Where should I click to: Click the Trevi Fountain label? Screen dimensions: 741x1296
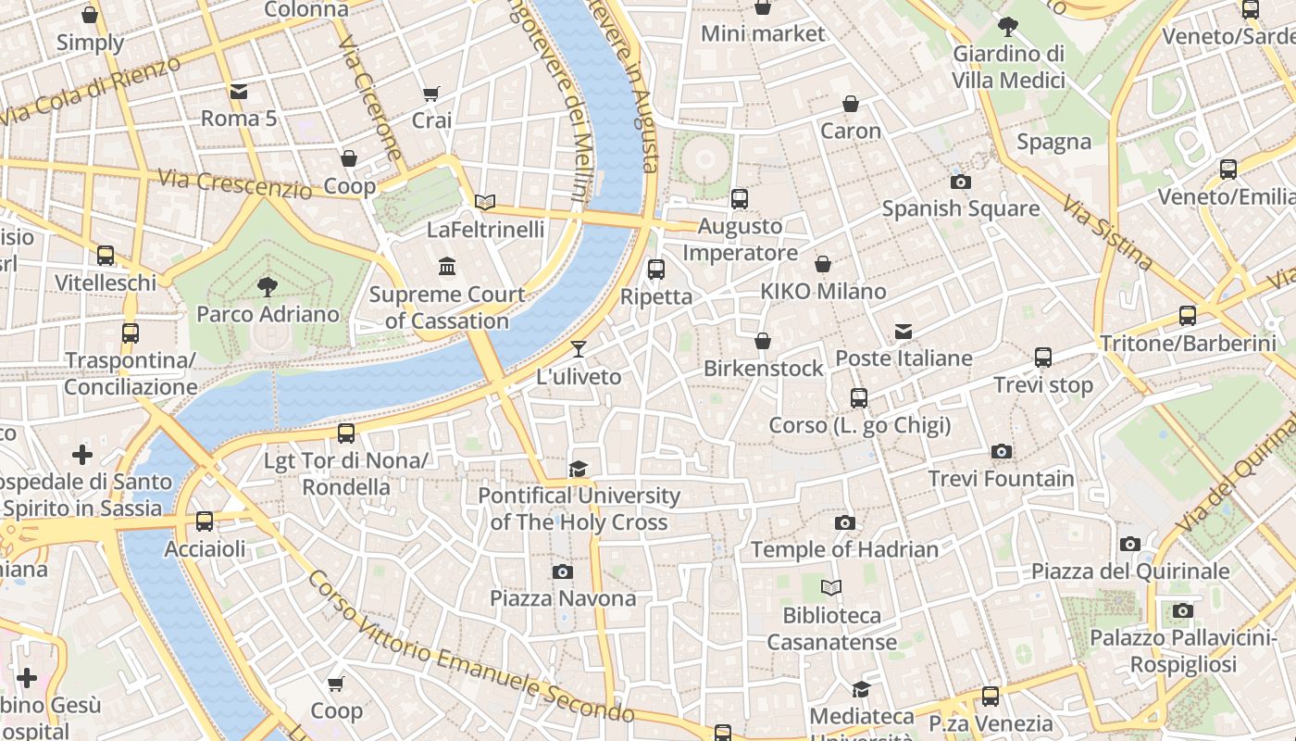pos(1001,479)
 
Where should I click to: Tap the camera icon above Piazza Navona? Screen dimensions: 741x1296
pos(562,571)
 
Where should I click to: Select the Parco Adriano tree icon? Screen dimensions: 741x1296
pos(268,286)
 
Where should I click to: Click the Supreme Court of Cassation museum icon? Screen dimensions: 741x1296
pos(447,267)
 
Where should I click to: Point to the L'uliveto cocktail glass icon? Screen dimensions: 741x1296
pos(579,349)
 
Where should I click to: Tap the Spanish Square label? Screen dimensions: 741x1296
pos(960,208)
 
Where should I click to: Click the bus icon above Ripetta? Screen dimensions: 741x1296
pos(656,270)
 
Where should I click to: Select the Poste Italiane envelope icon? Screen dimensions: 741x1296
pos(903,332)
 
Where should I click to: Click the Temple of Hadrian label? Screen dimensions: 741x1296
pos(844,549)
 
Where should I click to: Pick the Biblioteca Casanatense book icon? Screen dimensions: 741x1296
pos(831,587)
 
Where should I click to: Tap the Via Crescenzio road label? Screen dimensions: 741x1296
pos(235,183)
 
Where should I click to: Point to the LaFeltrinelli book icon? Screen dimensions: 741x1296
pos(485,202)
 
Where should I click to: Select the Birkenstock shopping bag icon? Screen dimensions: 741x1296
pos(763,342)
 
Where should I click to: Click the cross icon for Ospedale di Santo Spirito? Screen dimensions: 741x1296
pos(82,455)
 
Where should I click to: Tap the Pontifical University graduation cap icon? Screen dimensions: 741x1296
pos(579,469)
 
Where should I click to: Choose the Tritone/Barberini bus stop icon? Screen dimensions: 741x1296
pos(1188,316)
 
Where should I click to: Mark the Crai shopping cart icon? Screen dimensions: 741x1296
pos(431,94)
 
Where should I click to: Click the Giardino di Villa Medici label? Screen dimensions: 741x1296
pos(1008,67)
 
